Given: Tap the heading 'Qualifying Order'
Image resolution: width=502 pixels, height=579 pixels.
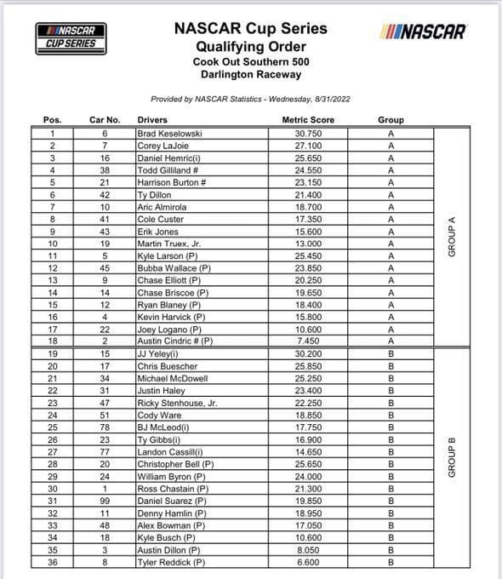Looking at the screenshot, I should pos(250,47).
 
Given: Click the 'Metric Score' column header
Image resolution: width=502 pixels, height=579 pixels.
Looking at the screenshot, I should pos(308,120).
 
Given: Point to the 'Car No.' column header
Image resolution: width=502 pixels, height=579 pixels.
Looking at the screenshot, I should pos(106,120).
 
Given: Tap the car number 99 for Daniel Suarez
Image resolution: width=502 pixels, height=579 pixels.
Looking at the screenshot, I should pos(106,502).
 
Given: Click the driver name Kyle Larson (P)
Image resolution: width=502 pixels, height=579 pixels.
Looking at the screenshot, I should pos(168,255).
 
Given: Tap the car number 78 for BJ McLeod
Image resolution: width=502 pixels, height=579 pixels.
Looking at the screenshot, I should pos(106,427).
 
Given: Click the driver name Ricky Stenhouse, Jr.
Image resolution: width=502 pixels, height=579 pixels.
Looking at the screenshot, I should pos(177,404).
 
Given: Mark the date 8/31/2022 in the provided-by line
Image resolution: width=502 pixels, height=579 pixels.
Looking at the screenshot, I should pos(328,99).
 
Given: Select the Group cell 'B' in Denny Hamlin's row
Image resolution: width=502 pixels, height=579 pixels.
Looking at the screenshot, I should pos(391,513).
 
